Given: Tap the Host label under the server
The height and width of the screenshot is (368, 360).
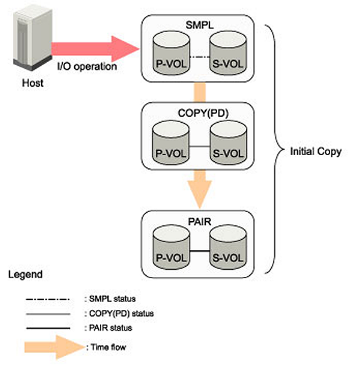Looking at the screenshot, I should point(33,83).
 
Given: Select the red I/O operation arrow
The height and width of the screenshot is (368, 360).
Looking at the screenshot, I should point(95,48).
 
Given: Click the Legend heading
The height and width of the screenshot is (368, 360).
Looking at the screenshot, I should point(25,275).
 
